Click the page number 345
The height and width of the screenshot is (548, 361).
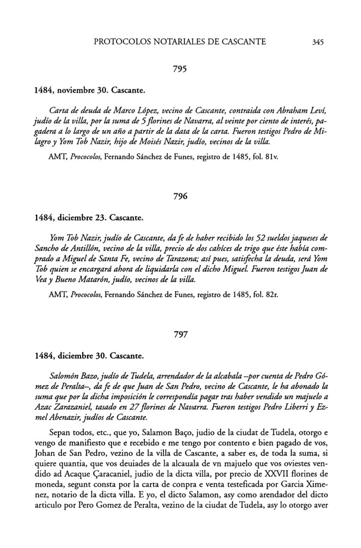pyautogui.click(x=319, y=41)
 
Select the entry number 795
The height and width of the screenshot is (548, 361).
pyautogui.click(x=180, y=70)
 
